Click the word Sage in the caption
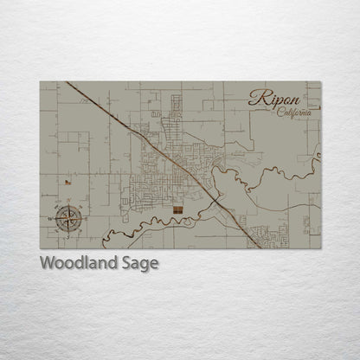coord(141,264)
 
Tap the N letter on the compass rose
coord(68,203)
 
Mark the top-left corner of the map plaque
coord(40,82)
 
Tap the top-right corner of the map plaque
coord(322,82)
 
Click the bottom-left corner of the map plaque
coord(40,248)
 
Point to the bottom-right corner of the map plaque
coord(322,248)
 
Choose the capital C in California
coord(280,112)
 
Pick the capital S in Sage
coord(128,263)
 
